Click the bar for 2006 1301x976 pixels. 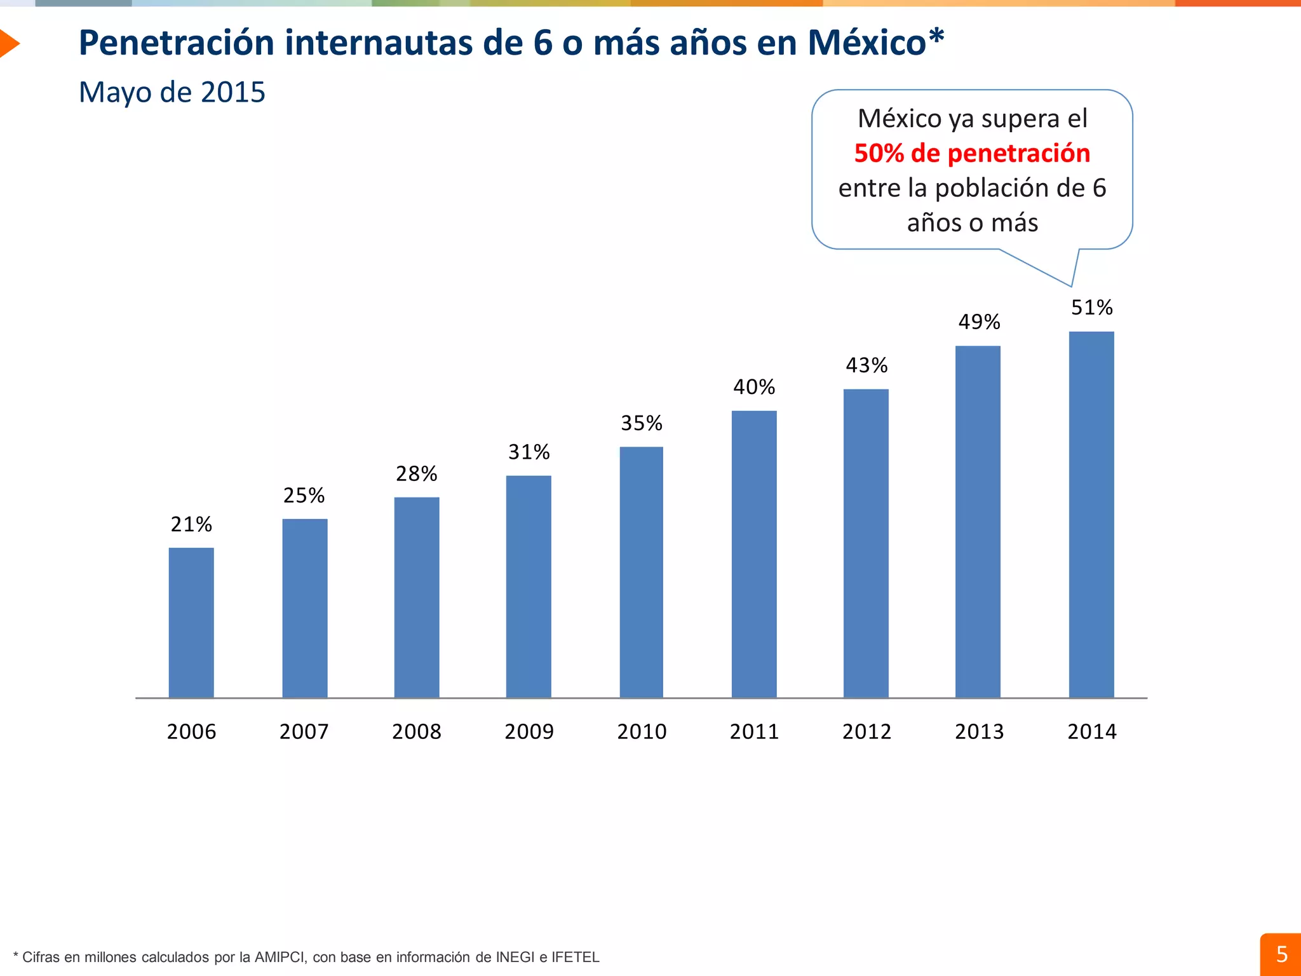point(191,623)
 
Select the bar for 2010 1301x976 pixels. point(641,572)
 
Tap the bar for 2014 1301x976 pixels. point(1091,515)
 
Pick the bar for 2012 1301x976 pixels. point(866,543)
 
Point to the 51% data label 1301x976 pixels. point(1091,308)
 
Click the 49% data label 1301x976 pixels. point(979,322)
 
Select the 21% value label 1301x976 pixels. point(191,524)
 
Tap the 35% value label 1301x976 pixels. point(641,423)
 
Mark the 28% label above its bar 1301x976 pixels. point(416,474)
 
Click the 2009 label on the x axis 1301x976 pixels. point(529,731)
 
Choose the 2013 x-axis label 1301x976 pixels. point(979,731)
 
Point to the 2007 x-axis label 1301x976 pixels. point(304,731)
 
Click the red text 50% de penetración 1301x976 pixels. point(972,153)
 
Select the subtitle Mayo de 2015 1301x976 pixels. point(172,92)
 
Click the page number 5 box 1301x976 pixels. point(1281,954)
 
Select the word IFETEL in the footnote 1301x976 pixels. point(575,957)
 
